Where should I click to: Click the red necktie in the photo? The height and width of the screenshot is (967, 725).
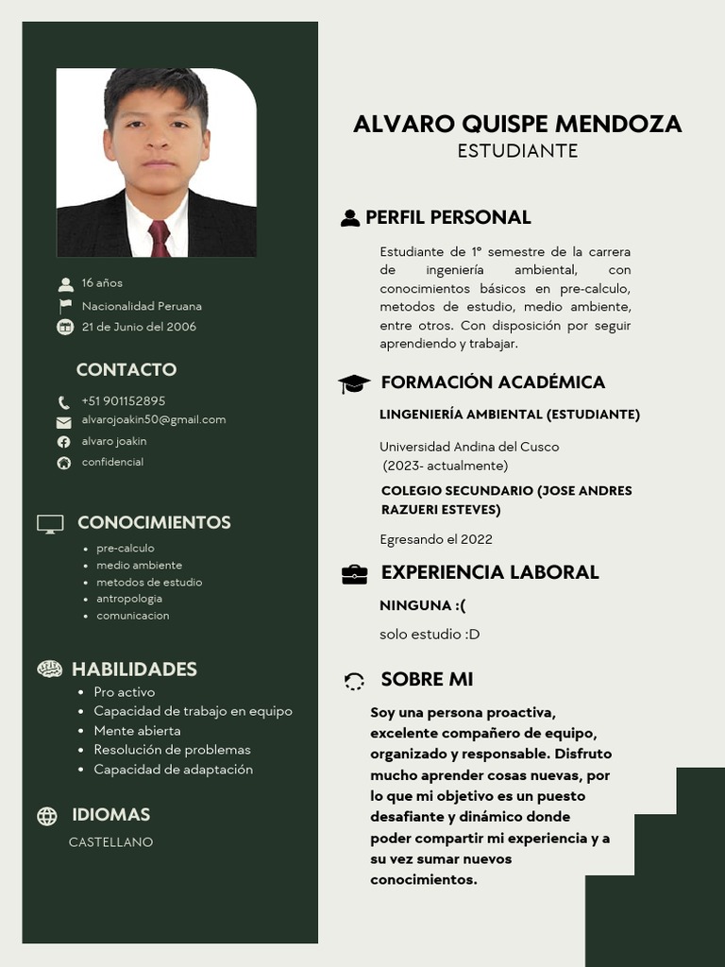160,238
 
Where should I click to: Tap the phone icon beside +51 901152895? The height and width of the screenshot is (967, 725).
64,402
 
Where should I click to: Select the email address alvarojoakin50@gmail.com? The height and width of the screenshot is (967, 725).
154,419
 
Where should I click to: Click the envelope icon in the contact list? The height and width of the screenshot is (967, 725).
64,422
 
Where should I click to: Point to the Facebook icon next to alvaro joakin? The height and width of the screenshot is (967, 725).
64,442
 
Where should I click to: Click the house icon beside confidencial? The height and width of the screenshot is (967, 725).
64,463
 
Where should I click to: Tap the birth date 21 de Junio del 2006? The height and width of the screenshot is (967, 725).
139,327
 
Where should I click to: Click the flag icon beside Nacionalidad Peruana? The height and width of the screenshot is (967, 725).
65,306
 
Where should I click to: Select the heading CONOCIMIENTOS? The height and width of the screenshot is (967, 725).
154,522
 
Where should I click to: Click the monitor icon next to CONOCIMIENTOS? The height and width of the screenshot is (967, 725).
50,523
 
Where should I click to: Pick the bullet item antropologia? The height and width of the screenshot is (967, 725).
129,599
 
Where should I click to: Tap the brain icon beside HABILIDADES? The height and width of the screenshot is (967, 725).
49,670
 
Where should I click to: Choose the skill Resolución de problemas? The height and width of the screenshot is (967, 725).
172,750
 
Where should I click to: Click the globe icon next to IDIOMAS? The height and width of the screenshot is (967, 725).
47,816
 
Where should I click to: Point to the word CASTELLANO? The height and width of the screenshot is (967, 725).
110,842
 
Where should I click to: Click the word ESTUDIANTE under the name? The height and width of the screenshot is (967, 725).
517,151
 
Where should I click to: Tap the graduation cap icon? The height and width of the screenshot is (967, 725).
354,383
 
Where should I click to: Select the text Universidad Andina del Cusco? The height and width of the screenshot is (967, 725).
469,447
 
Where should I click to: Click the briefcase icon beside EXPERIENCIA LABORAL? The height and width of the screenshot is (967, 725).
354,574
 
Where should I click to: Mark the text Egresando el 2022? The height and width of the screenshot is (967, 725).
436,539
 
